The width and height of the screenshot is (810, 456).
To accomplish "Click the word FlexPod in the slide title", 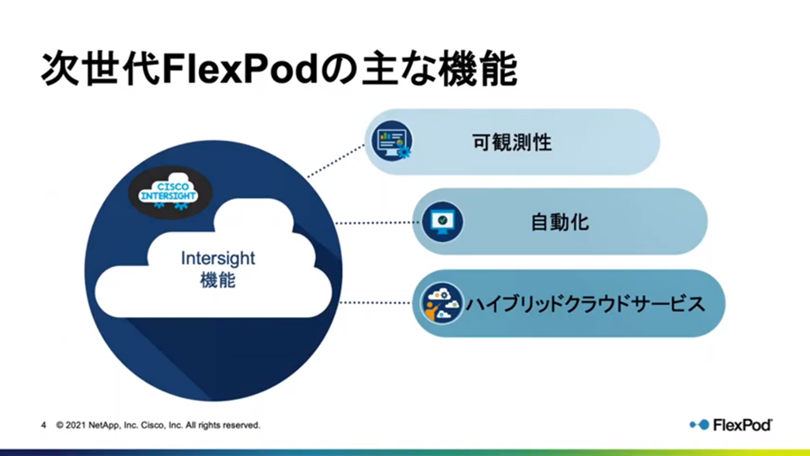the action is tap(240, 69).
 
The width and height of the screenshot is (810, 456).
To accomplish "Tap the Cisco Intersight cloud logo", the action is tap(170, 193).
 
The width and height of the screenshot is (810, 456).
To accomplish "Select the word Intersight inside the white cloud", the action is tap(217, 258).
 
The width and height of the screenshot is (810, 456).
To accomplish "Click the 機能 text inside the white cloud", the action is tap(217, 280).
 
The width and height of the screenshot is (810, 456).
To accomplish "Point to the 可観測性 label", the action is tap(512, 142).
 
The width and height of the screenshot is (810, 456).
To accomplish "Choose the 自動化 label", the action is tap(560, 222).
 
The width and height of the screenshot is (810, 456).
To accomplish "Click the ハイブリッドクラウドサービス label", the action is tap(585, 303).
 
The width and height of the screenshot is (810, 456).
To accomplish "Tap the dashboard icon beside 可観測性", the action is tap(391, 141).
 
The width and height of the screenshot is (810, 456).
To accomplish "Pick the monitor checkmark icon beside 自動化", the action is tap(442, 222).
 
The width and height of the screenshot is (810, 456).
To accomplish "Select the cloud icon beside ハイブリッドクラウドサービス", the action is tap(441, 303).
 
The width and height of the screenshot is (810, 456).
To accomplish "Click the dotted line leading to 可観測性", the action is tap(336, 161).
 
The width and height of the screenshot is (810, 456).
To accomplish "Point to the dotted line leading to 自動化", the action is tap(377, 223).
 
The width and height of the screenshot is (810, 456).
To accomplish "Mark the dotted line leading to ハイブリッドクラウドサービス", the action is tap(376, 303).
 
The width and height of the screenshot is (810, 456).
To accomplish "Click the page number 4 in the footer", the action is tap(43, 425).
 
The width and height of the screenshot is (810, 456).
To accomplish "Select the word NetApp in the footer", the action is tap(103, 425).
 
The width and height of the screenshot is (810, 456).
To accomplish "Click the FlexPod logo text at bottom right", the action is tap(742, 425).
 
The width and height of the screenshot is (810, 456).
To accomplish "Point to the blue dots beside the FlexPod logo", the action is tap(700, 424).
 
